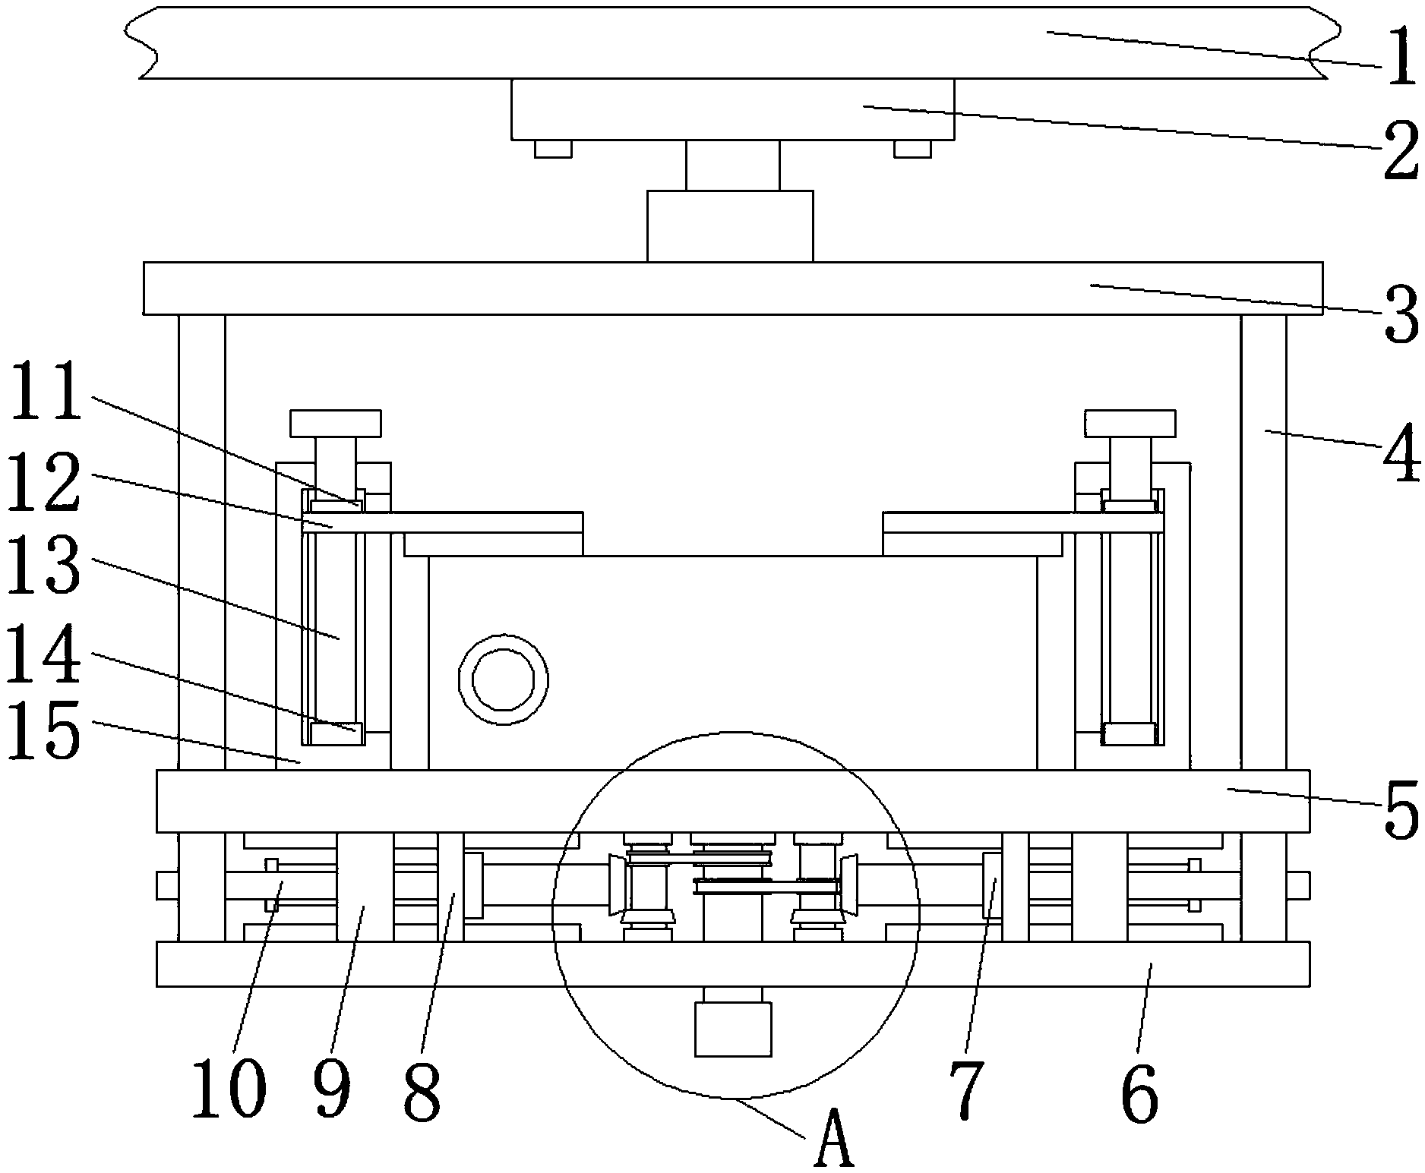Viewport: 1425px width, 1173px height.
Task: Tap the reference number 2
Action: coord(1400,150)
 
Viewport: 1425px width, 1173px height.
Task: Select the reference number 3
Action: coord(1400,313)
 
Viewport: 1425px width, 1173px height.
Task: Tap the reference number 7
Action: coord(965,1092)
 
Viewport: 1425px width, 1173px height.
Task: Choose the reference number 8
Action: coord(422,1092)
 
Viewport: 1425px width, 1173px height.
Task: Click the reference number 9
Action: coord(332,1092)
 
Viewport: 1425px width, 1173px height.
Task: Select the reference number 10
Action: coord(229,1092)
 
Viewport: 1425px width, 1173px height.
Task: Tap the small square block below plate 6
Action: coord(733,1028)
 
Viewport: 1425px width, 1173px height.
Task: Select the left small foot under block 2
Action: coord(553,149)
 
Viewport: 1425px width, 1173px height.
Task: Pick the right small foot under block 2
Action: coord(912,149)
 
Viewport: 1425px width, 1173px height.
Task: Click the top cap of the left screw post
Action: coord(335,423)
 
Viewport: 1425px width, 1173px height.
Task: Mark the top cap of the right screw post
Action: coord(1130,423)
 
